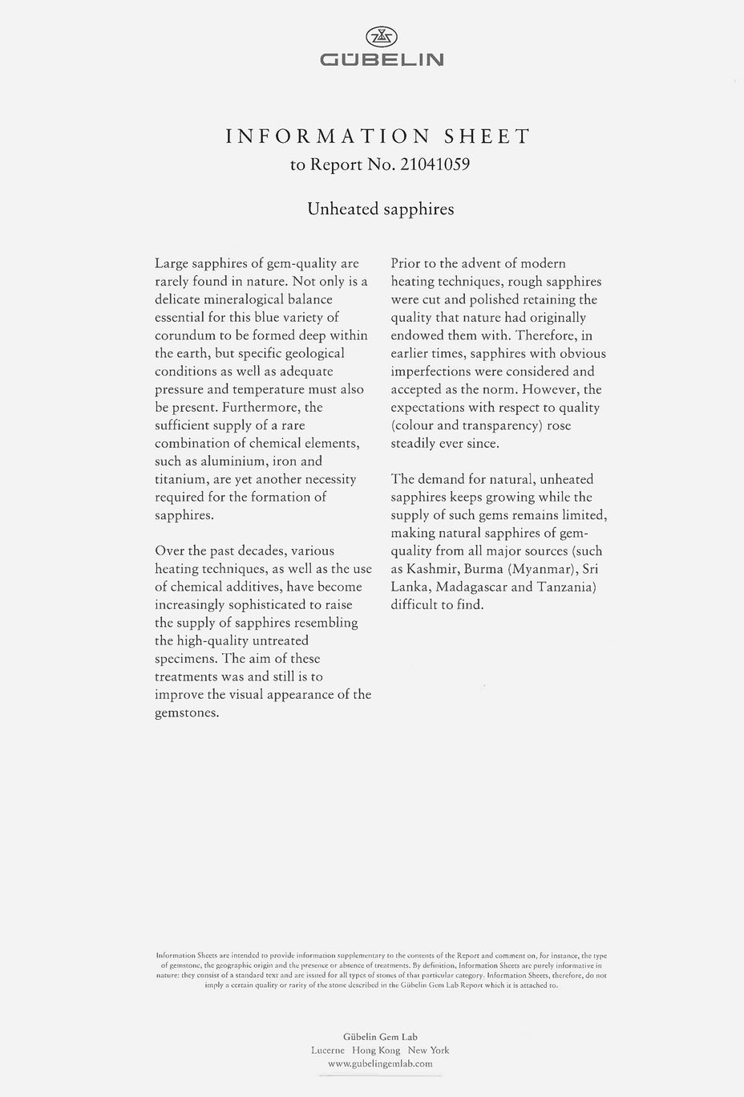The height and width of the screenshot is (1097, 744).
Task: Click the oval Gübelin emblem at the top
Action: pyautogui.click(x=382, y=36)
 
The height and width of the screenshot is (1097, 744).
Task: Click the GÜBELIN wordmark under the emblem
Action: pyautogui.click(x=382, y=59)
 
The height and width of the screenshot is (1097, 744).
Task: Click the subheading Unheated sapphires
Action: pyautogui.click(x=381, y=209)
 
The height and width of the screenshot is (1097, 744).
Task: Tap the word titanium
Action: pyautogui.click(x=182, y=479)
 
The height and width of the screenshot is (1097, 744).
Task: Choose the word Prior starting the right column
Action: pyautogui.click(x=406, y=263)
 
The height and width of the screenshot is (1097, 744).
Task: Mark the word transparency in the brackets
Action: pyautogui.click(x=499, y=425)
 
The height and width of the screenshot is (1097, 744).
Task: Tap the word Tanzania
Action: pyautogui.click(x=566, y=587)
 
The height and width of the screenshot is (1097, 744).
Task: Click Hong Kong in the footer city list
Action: pyautogui.click(x=376, y=1050)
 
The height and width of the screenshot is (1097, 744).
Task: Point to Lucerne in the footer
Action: pyautogui.click(x=328, y=1050)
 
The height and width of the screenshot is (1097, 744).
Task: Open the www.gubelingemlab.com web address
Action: pyautogui.click(x=380, y=1063)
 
